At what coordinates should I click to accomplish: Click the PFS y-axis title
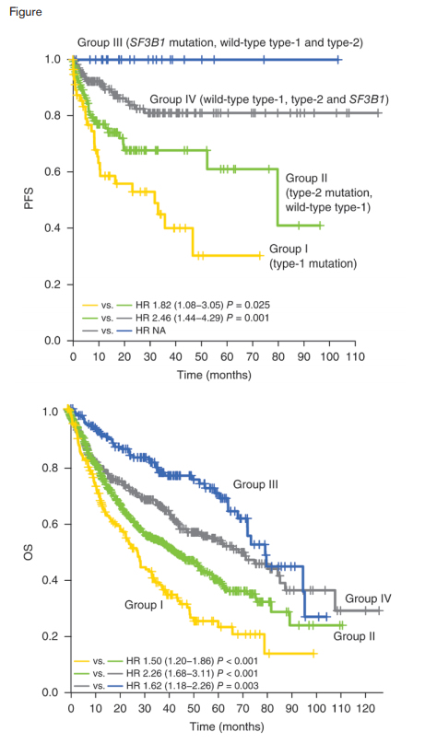(27, 201)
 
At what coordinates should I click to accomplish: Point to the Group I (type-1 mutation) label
(313, 256)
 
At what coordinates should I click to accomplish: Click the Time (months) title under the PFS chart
(211, 375)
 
